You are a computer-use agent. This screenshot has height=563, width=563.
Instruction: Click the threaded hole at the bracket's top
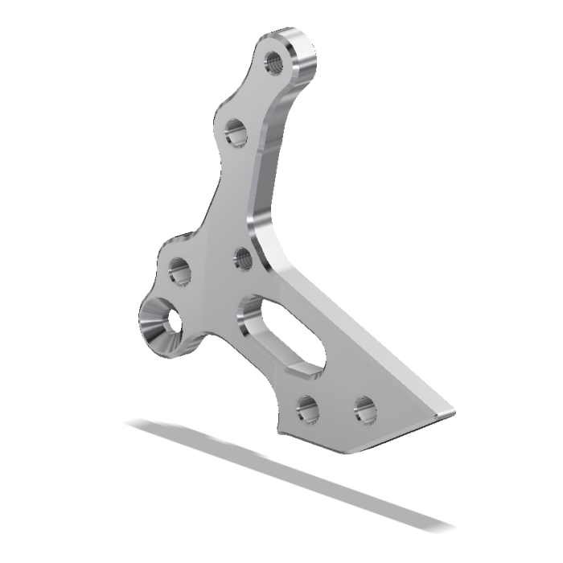tap(274, 61)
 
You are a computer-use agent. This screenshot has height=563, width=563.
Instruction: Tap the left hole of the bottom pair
tap(306, 409)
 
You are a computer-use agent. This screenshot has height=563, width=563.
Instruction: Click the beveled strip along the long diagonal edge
tap(362, 338)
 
